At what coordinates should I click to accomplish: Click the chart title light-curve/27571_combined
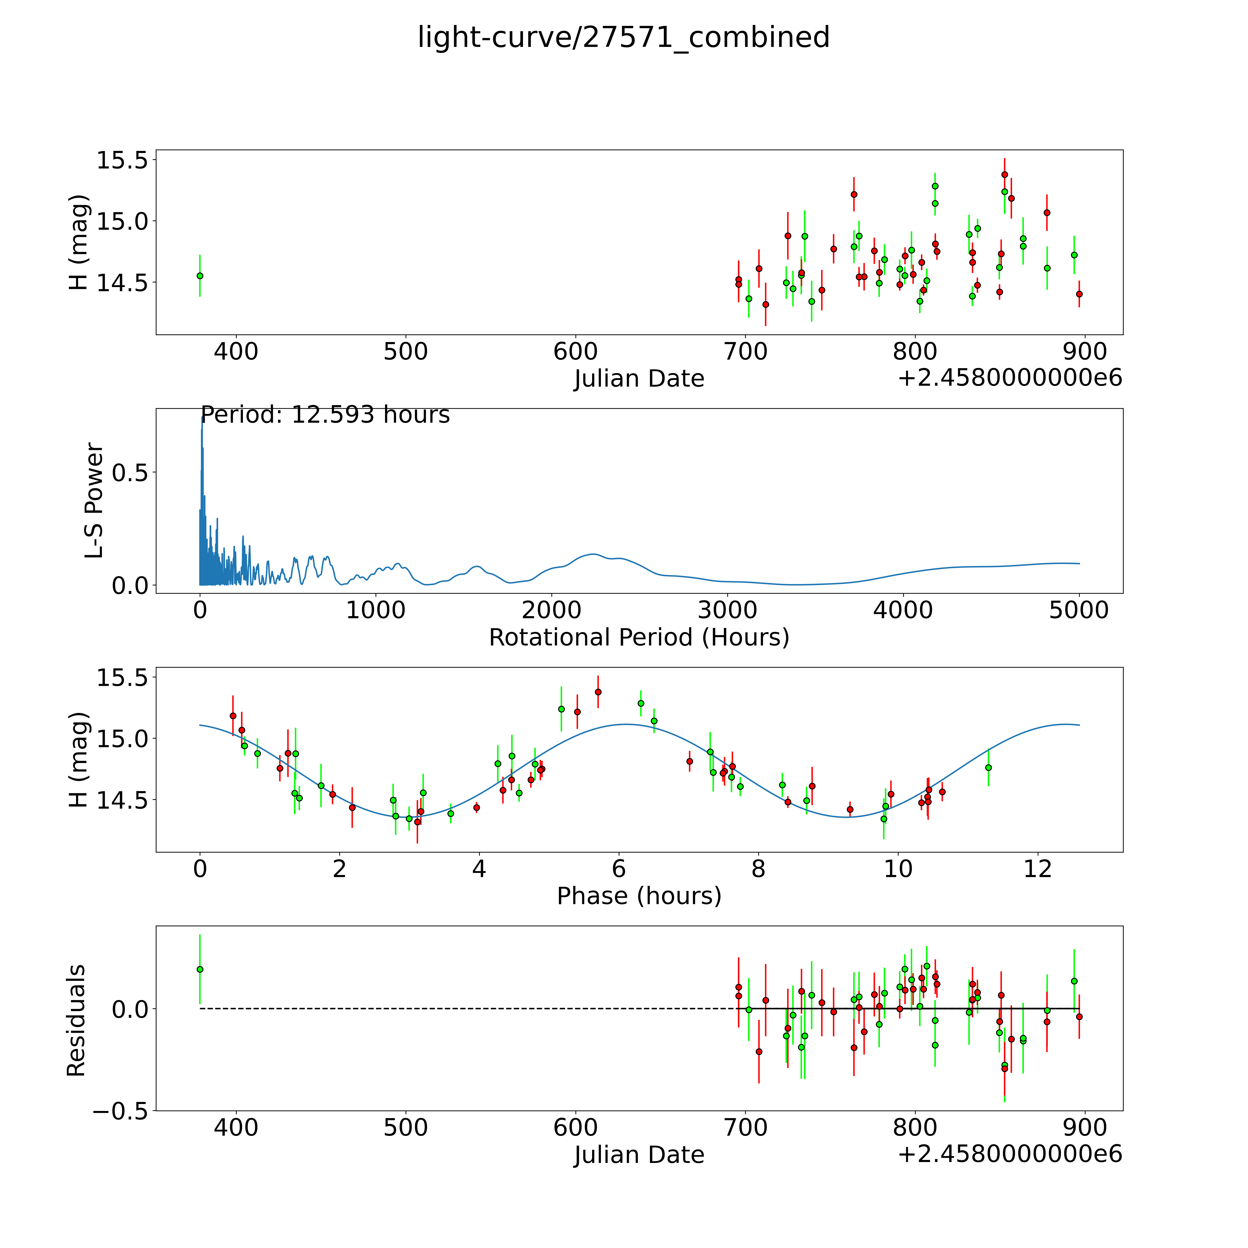point(623,37)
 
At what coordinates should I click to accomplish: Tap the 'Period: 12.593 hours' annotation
point(325,415)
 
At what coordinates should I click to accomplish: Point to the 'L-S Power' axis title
point(94,501)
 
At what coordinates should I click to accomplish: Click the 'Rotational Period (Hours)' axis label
point(639,638)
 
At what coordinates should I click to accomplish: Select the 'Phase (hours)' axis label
point(639,896)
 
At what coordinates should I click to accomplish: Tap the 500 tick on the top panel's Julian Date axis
point(406,352)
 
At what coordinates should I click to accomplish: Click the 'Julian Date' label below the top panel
point(639,379)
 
